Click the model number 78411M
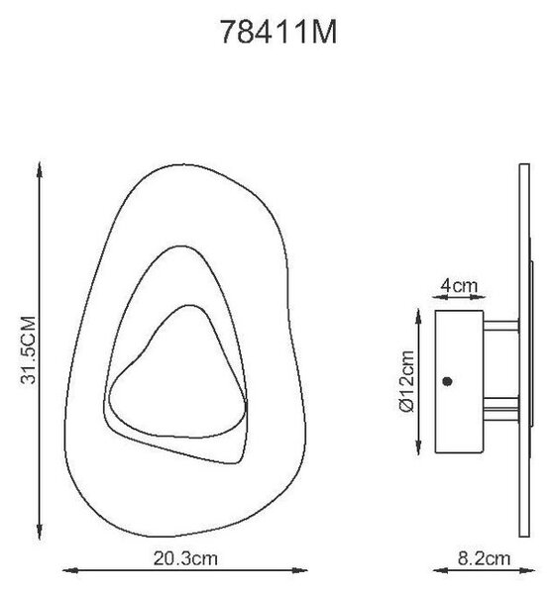tap(278, 33)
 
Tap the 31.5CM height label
tap(29, 350)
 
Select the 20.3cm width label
tap(185, 558)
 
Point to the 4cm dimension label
tap(459, 286)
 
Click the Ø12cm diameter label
tap(407, 381)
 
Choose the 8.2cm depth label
tap(484, 558)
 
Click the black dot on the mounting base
tap(448, 381)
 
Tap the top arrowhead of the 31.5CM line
tap(40, 169)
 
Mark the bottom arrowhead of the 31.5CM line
tap(40, 531)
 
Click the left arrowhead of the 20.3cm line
tap(70, 570)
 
